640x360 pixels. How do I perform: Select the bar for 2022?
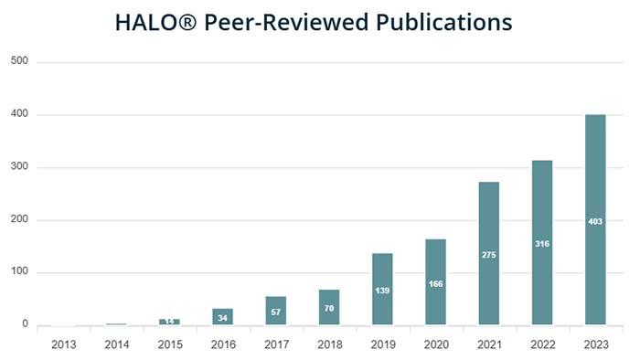coord(542,274)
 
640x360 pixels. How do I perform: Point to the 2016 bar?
coord(223,316)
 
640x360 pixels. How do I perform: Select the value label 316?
coord(542,244)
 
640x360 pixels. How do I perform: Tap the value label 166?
coord(435,284)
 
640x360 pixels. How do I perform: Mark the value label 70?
coord(329,310)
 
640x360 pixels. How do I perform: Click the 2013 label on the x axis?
coord(63,344)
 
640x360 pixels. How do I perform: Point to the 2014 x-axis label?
coord(116,344)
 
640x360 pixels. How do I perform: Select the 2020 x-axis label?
coord(435,344)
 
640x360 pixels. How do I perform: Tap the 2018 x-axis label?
coord(329,344)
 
